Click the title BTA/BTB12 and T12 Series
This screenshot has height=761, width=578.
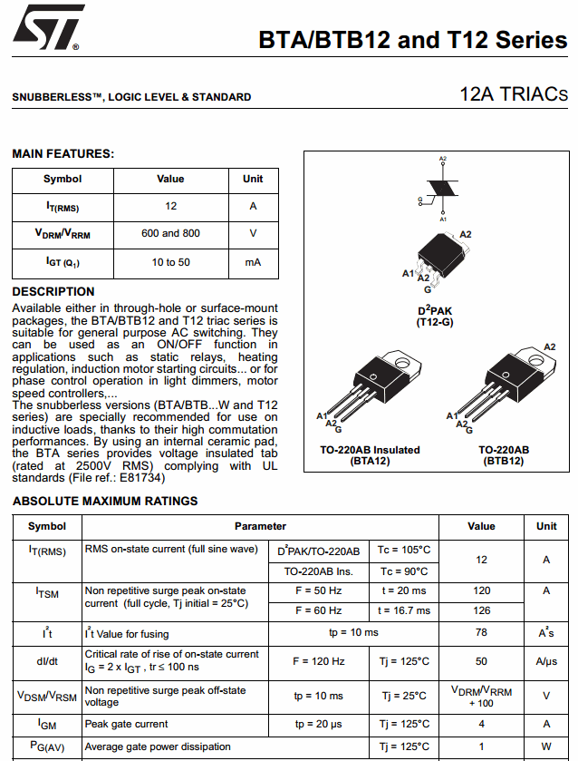(x=412, y=41)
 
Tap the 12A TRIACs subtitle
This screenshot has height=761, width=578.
(x=513, y=94)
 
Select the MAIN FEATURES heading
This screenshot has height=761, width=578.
(x=63, y=154)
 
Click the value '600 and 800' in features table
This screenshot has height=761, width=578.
(x=170, y=233)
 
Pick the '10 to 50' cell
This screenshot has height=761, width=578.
(x=170, y=262)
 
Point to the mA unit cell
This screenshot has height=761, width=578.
(x=253, y=262)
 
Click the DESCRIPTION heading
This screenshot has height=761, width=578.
(x=53, y=291)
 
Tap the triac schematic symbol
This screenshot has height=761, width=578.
(x=442, y=189)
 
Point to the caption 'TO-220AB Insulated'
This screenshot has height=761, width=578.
(x=370, y=450)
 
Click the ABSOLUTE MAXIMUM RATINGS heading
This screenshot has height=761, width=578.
(x=105, y=501)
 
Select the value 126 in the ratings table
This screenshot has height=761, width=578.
(x=481, y=610)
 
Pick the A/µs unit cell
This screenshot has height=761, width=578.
(x=546, y=661)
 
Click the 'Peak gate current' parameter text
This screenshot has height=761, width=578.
(x=126, y=724)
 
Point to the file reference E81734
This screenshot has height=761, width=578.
(x=141, y=477)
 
